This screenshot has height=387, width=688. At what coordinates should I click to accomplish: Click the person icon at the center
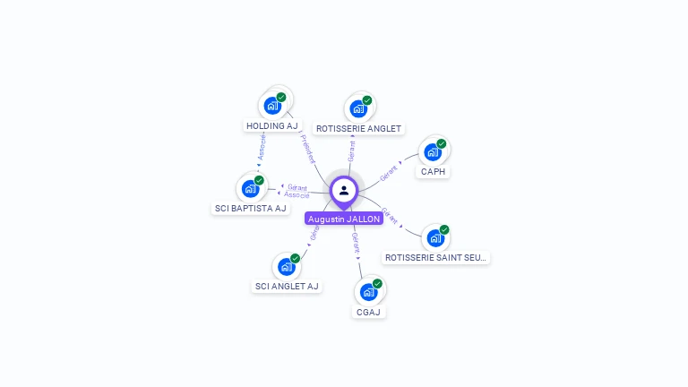click(344, 190)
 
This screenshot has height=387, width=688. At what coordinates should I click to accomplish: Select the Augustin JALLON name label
click(344, 219)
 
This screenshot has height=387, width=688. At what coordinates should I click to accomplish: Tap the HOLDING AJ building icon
click(272, 106)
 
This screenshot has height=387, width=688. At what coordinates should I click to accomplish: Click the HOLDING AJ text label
click(272, 126)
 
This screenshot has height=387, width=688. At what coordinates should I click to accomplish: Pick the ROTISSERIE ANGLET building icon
click(358, 108)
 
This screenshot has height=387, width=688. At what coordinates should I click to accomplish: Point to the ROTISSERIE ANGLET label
click(359, 129)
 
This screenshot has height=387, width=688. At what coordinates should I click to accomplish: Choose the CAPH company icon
click(433, 151)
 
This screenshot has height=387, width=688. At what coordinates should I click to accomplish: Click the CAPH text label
click(434, 172)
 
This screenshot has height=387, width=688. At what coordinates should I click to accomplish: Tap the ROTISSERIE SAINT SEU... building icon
click(435, 238)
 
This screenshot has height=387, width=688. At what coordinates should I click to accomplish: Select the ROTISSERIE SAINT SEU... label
click(436, 258)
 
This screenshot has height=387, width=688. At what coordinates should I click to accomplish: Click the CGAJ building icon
click(368, 292)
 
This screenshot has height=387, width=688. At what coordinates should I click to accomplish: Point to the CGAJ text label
click(368, 312)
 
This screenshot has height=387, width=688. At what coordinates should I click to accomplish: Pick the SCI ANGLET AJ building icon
click(286, 266)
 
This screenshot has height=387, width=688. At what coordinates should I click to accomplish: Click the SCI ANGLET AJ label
click(287, 287)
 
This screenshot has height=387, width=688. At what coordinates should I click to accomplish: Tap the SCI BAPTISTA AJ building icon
click(250, 188)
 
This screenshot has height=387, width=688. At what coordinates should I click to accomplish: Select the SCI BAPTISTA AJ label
click(251, 209)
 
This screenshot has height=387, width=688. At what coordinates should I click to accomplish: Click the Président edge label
click(306, 148)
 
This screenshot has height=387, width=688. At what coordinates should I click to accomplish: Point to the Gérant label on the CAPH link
click(389, 173)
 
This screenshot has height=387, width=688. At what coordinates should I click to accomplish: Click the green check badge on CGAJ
click(377, 284)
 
